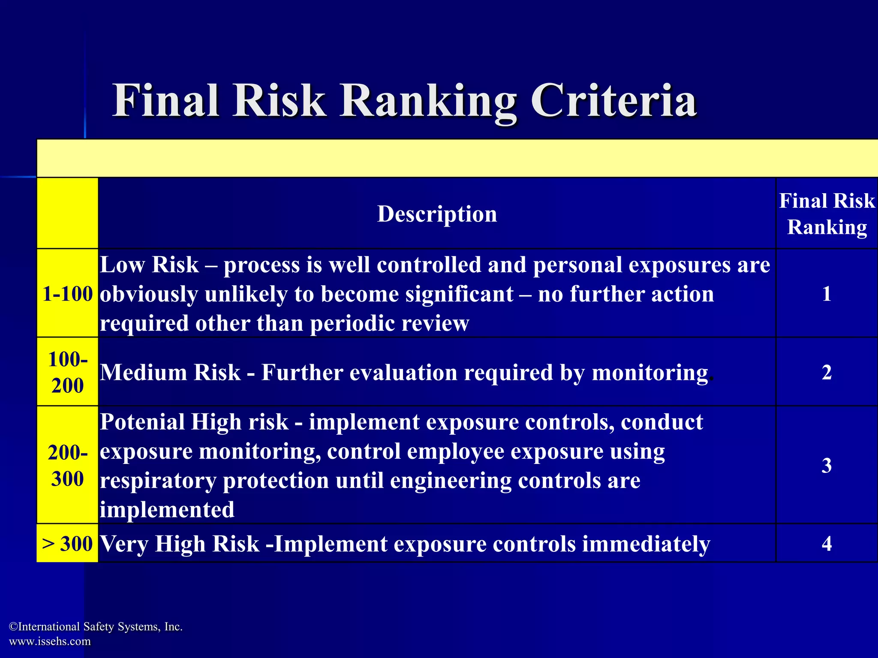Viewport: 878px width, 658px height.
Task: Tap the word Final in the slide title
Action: click(166, 101)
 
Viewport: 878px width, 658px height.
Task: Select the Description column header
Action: click(437, 214)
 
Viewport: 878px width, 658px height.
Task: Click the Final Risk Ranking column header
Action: click(827, 214)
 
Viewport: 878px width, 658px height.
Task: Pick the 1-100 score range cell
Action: click(68, 294)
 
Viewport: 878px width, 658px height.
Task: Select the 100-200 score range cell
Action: click(68, 372)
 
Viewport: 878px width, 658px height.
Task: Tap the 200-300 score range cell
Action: click(68, 465)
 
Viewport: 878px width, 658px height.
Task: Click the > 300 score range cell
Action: click(68, 544)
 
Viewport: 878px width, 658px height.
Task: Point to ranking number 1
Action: click(827, 294)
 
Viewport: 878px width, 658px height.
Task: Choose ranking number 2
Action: click(827, 372)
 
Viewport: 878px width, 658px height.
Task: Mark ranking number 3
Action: click(827, 465)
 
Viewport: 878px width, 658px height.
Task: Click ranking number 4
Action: click(827, 544)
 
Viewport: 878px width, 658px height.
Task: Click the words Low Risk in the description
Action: click(149, 265)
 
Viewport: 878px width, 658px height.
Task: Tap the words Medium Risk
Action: click(170, 372)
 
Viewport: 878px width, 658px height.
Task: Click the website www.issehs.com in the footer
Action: click(50, 641)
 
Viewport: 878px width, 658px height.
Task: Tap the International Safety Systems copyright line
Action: click(96, 627)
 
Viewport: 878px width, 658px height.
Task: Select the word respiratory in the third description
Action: click(158, 481)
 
